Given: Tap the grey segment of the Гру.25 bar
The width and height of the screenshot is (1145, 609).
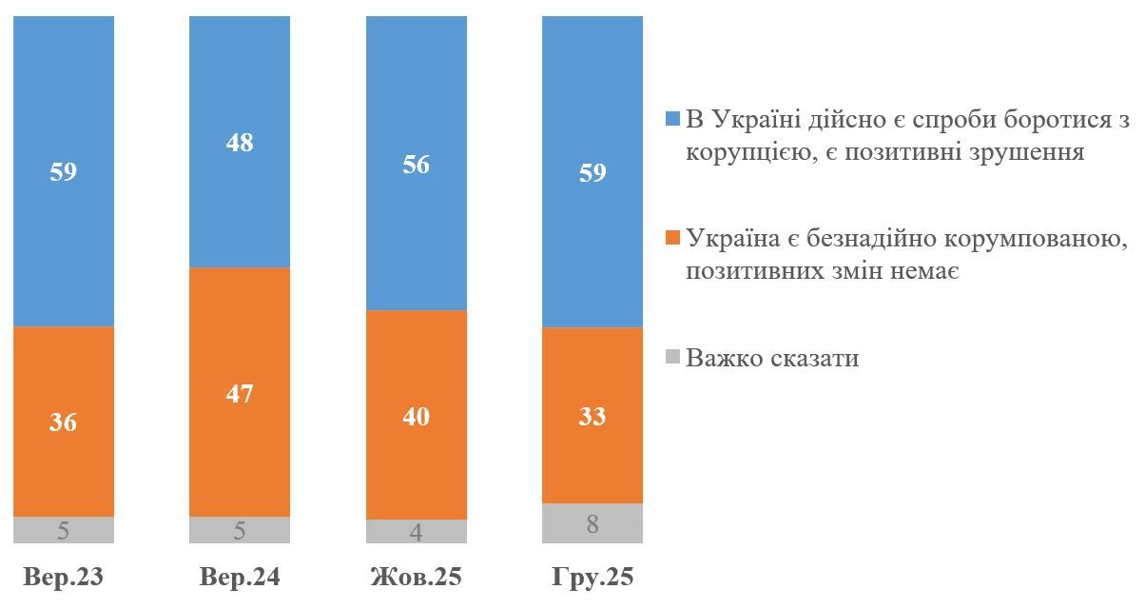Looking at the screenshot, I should click(592, 523).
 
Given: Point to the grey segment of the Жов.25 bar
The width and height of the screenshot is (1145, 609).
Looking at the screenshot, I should click(417, 531).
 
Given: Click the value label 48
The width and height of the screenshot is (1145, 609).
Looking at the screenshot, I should click(240, 143).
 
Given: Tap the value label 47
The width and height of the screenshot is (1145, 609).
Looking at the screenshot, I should click(240, 393).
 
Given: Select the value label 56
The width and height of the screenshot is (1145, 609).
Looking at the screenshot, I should click(417, 165).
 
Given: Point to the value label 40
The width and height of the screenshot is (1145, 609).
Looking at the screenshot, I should click(417, 416).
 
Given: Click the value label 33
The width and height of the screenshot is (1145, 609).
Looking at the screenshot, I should click(592, 416).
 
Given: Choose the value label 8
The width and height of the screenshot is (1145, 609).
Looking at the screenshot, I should click(592, 523).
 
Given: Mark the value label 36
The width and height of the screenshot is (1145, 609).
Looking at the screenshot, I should click(63, 422).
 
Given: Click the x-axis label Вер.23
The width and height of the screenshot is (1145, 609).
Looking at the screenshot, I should click(63, 578).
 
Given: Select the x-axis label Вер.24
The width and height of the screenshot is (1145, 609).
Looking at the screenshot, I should click(240, 578).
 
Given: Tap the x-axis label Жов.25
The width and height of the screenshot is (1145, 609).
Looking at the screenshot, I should click(417, 578).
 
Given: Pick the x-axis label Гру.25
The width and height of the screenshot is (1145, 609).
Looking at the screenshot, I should click(592, 578).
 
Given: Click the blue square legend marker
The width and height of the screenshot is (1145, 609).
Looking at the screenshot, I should click(672, 119).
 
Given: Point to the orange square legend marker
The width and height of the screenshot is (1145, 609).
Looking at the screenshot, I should click(672, 239).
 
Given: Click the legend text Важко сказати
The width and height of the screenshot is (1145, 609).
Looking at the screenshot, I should click(772, 359).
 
